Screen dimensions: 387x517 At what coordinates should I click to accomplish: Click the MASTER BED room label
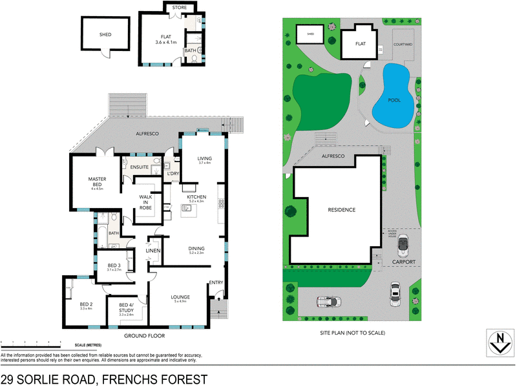coord(98,182)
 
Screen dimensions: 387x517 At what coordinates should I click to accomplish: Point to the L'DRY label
coord(173,174)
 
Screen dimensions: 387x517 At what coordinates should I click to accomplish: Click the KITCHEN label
coord(196,197)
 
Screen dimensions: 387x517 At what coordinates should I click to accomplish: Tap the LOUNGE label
coord(180,297)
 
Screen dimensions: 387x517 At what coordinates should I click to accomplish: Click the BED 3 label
coord(113,266)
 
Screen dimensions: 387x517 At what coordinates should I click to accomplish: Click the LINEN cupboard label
coord(153,251)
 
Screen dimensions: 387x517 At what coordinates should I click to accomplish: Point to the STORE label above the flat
coord(179,8)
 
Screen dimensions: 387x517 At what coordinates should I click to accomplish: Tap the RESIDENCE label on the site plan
coord(341,210)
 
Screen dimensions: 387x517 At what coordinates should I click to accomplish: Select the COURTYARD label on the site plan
coord(403,45)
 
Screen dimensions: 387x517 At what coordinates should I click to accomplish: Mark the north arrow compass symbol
coord(499,340)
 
